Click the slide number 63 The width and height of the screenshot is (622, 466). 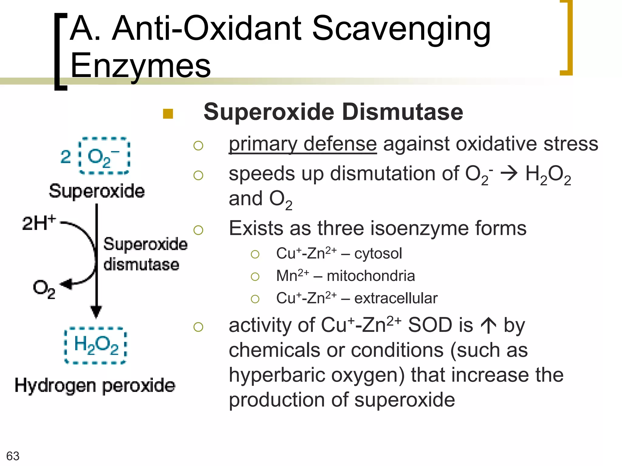coord(13,456)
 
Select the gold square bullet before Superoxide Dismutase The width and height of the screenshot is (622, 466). coord(168,114)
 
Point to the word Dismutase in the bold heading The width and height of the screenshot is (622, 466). coord(402,112)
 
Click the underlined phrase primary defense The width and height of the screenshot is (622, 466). coord(302,144)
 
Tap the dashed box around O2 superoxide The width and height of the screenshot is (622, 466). coord(104,156)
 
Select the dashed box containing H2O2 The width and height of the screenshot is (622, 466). coord(96,345)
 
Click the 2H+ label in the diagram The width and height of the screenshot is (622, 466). coord(39,223)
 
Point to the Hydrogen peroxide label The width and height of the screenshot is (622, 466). coord(95,386)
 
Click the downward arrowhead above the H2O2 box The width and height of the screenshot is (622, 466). coord(96,312)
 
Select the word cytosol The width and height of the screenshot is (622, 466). coord(378,254)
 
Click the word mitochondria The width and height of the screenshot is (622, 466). coord(371,276)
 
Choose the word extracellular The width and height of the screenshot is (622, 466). coord(396,298)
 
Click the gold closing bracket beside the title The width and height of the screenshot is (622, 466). coord(567,38)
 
